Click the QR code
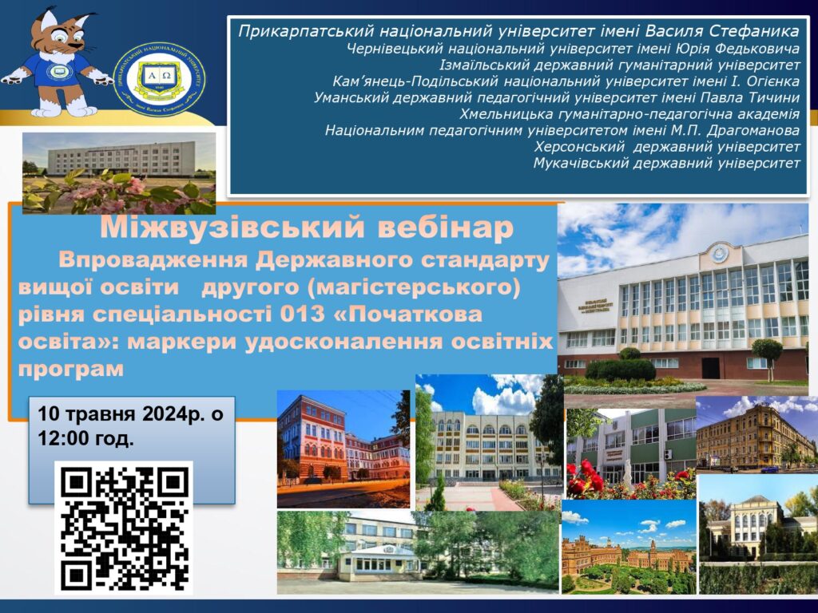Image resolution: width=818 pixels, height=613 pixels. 124,528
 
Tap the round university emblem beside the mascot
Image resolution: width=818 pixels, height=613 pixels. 159,79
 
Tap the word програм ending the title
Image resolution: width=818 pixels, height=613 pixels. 71,369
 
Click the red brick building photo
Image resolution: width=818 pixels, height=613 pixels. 343,449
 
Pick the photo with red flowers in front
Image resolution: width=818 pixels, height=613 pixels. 631,453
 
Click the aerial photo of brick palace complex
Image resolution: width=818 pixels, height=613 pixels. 629,547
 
